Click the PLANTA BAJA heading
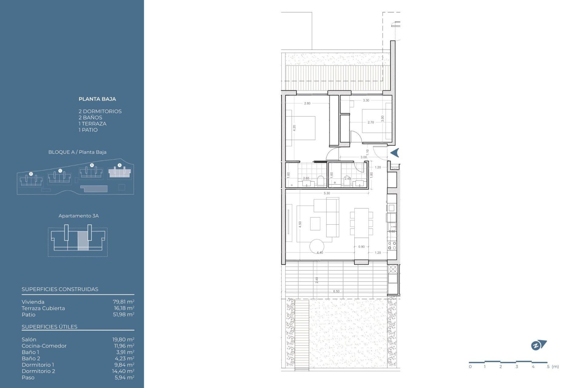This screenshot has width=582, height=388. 97,99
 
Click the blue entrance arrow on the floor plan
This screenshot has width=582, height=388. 395,153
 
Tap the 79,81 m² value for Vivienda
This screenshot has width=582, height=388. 123,302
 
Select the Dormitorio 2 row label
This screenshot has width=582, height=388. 38,371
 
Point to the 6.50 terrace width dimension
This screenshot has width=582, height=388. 336,291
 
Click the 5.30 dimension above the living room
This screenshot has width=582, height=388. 327,193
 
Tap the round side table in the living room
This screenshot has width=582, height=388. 316,246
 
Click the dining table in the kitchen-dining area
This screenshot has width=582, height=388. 361,223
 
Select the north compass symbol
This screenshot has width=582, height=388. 538,345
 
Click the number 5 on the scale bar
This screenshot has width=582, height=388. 548,366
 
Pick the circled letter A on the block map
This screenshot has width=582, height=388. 119,165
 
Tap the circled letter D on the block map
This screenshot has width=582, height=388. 31,174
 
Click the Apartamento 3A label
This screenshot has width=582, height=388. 79,216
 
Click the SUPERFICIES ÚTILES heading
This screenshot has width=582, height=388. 49,327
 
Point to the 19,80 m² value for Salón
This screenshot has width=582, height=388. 123,339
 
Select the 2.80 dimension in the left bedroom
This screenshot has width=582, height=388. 307,103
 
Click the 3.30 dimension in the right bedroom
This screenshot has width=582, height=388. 366,100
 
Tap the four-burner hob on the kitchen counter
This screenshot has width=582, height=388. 392,246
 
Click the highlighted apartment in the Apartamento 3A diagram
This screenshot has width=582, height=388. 83,241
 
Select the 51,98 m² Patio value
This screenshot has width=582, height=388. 123,314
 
